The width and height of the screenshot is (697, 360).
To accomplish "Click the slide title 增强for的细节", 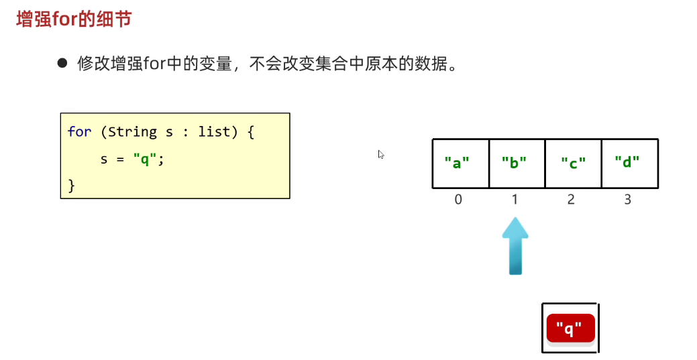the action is (74, 19).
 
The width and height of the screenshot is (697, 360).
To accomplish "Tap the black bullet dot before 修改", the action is (63, 64).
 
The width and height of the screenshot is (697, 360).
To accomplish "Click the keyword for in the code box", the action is (79, 131).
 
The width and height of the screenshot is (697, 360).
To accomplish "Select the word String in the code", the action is (132, 131).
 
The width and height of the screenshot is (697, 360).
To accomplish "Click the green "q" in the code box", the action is (146, 159).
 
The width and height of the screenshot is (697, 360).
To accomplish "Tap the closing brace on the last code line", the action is (72, 184).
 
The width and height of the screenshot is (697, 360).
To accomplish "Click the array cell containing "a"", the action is (460, 163).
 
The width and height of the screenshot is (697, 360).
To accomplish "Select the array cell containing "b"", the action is (517, 163).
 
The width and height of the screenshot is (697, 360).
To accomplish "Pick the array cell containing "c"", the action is (572, 163).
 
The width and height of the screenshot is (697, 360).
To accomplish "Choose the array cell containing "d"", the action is (629, 163).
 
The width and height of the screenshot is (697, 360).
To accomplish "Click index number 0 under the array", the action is (458, 200).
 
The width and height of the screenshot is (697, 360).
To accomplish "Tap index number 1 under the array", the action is (515, 200).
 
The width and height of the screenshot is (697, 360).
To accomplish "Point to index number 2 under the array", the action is (571, 200).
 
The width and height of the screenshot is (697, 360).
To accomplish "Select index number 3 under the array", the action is (627, 200).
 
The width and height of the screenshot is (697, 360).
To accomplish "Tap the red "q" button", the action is (570, 328).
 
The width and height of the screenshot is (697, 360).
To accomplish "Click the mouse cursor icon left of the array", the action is (381, 154).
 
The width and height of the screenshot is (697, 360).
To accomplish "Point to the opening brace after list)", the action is (251, 131).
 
